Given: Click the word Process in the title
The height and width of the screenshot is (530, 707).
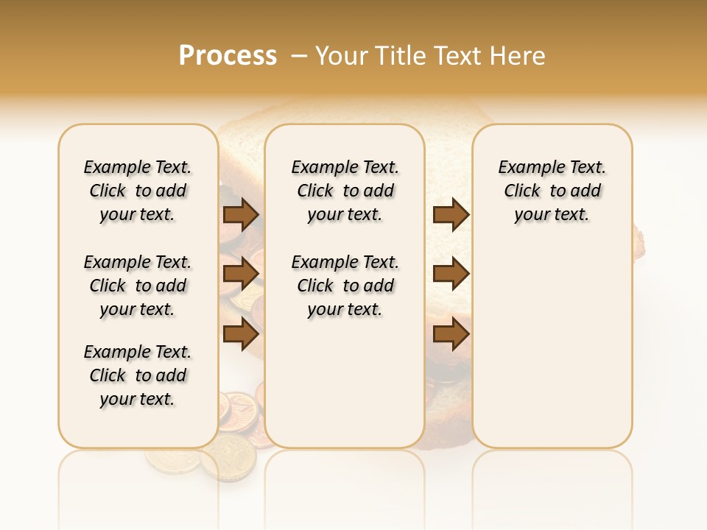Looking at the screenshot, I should [x=228, y=56].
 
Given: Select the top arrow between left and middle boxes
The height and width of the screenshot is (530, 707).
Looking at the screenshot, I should [x=241, y=214].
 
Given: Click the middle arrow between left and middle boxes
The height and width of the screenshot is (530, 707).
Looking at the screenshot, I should [x=241, y=274].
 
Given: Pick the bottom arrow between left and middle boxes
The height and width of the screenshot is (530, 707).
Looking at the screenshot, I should [x=241, y=335].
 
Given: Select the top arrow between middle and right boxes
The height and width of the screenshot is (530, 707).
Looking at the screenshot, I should [x=451, y=214].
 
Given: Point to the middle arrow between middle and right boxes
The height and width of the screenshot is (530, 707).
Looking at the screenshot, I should [x=451, y=274].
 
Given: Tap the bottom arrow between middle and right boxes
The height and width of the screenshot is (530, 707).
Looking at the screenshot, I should [x=451, y=335].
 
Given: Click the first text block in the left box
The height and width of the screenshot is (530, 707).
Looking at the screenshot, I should [x=138, y=191].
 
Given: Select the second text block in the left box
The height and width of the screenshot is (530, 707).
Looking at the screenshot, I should [x=138, y=286].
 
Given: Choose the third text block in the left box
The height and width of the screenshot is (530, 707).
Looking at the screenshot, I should [x=138, y=375].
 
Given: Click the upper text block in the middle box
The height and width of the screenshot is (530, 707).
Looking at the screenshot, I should [x=345, y=191].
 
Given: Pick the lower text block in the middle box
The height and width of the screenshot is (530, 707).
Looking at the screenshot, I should [x=345, y=286].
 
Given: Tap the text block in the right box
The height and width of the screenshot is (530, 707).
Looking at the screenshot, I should [x=552, y=191].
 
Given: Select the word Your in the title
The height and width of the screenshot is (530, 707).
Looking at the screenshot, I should [x=341, y=56].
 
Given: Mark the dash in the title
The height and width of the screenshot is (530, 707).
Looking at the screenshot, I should [x=300, y=56].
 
